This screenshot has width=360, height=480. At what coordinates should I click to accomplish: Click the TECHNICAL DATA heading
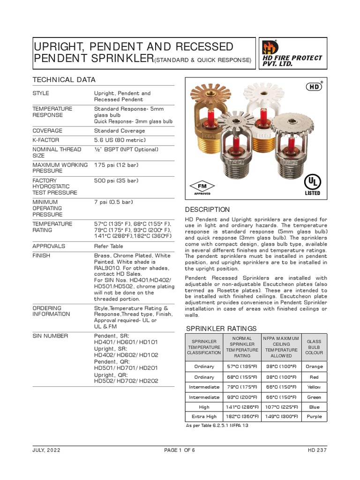64,80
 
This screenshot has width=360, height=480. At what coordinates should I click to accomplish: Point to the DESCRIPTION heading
207,210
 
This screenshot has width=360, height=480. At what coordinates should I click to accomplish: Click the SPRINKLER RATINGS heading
221,329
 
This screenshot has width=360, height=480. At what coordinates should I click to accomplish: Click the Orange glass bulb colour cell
314,367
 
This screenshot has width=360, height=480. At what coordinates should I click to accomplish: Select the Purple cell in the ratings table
314,417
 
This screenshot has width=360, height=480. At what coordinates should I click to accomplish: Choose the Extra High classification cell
204,417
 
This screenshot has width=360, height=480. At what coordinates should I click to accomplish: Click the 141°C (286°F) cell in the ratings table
242,407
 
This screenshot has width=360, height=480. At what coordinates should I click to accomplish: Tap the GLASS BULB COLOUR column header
314,347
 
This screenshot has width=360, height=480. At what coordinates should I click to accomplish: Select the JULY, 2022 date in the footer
46,450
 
